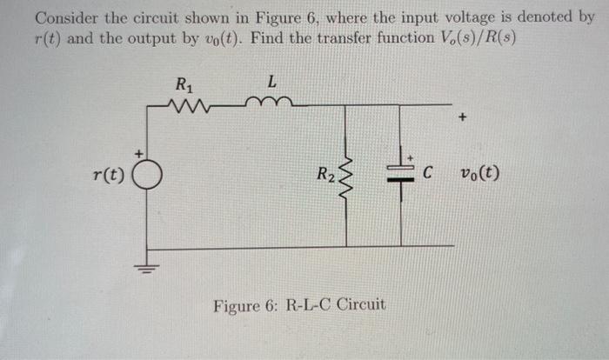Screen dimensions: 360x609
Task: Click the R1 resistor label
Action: pyautogui.click(x=184, y=86)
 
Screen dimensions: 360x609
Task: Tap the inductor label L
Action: pyautogui.click(x=271, y=83)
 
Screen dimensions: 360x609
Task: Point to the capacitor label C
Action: pyautogui.click(x=428, y=172)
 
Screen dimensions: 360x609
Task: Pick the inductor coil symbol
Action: pyautogui.click(x=272, y=105)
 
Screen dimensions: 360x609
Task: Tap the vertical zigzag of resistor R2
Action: pyautogui.click(x=347, y=177)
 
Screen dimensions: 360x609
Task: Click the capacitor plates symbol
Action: pyautogui.click(x=401, y=174)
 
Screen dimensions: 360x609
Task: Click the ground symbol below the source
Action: pyautogui.click(x=146, y=266)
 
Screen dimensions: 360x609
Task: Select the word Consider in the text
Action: pyautogui.click(x=65, y=17)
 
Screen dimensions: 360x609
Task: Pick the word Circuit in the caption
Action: pyautogui.click(x=361, y=305)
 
